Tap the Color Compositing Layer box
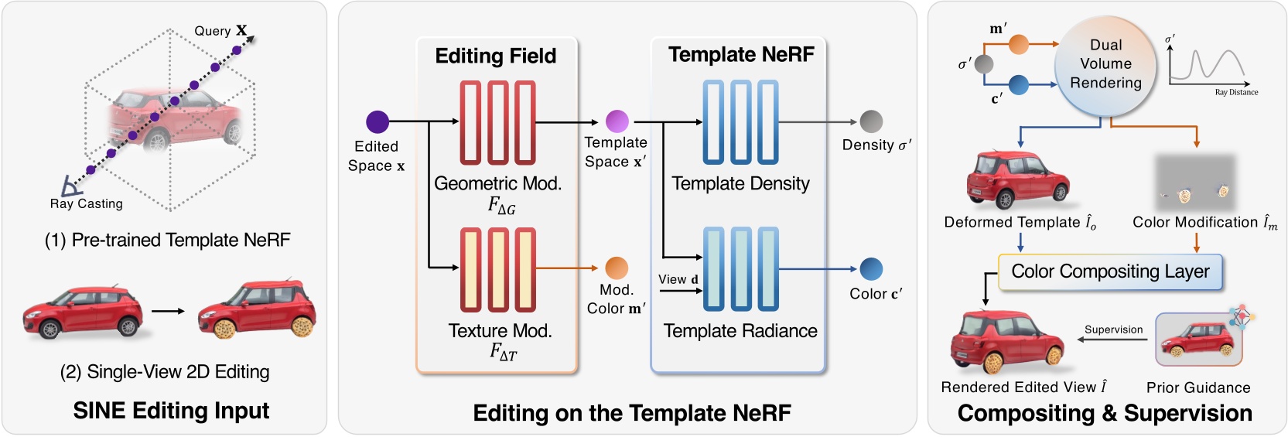coord(1110,271)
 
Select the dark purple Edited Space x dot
coord(378,121)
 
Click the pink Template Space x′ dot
coord(617,121)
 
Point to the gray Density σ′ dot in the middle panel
coord(871,121)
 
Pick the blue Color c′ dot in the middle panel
coord(871,268)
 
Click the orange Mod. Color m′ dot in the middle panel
coord(617,268)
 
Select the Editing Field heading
coord(496,56)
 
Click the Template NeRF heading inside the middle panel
coord(740,54)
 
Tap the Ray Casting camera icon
coord(71,186)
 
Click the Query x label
coord(220,30)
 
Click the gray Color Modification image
coord(1195,183)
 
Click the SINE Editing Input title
coord(171,410)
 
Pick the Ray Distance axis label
coord(1235,92)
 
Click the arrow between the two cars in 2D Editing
coord(168,311)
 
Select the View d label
coord(678,279)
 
